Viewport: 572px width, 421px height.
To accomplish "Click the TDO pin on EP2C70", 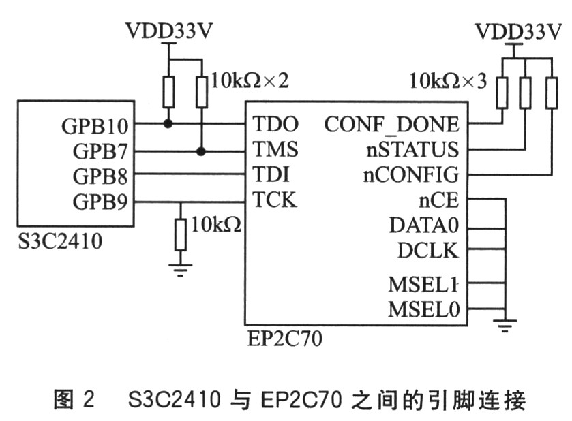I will [275, 125].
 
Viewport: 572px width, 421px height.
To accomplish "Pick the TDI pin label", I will [271, 175].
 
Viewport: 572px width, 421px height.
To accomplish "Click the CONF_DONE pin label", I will [391, 125].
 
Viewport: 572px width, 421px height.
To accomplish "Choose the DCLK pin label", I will [428, 250].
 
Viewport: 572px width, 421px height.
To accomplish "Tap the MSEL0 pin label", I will [423, 310].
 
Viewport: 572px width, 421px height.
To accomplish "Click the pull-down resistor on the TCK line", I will [180, 234].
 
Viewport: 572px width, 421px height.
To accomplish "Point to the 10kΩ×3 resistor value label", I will [448, 81].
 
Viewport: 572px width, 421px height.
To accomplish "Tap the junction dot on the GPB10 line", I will [167, 125].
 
